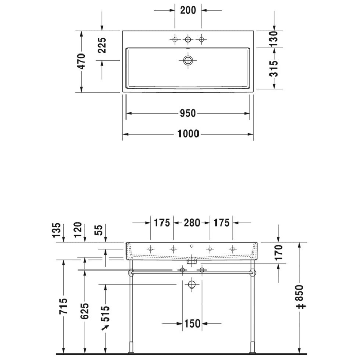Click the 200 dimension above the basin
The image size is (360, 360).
click(x=188, y=10)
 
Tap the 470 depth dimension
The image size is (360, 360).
click(x=81, y=61)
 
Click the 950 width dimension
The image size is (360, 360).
click(x=188, y=113)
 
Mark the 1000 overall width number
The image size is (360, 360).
click(x=188, y=135)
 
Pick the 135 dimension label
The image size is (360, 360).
click(x=57, y=230)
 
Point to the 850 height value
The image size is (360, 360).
click(x=302, y=297)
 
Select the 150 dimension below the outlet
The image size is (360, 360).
click(x=192, y=323)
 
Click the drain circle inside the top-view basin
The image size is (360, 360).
click(x=188, y=60)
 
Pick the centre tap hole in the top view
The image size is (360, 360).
click(x=188, y=39)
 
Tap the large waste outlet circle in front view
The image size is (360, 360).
click(x=192, y=284)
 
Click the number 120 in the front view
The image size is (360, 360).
click(x=77, y=230)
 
